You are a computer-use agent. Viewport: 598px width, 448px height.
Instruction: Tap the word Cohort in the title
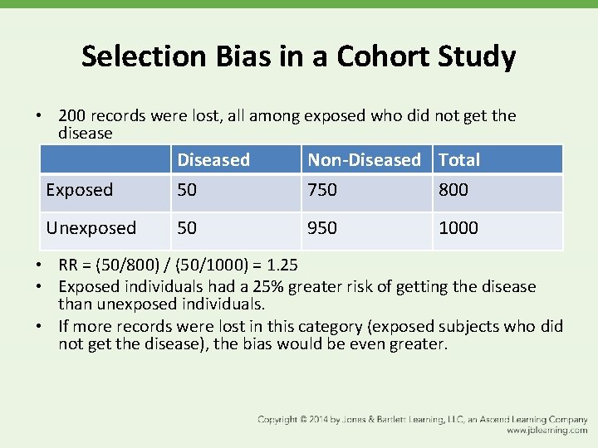[375, 56]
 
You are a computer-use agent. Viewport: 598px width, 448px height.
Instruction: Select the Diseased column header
[213, 159]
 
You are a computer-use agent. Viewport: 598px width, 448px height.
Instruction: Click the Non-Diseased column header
[364, 159]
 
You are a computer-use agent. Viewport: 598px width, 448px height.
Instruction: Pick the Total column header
[459, 159]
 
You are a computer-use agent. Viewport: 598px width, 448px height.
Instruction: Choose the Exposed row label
[80, 190]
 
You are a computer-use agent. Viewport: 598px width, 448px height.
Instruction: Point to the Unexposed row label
[91, 228]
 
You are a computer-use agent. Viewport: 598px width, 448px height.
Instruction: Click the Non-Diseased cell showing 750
[322, 190]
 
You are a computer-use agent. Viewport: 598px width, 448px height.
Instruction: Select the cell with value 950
[322, 228]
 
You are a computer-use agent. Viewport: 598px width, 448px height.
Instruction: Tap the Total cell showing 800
[453, 190]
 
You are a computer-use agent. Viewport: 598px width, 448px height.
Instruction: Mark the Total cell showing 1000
[458, 228]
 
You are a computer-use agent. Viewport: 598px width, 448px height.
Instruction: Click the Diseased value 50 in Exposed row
[187, 190]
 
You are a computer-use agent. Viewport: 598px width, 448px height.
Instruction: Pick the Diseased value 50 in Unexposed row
[187, 228]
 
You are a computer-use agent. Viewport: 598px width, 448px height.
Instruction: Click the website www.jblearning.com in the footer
[547, 431]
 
